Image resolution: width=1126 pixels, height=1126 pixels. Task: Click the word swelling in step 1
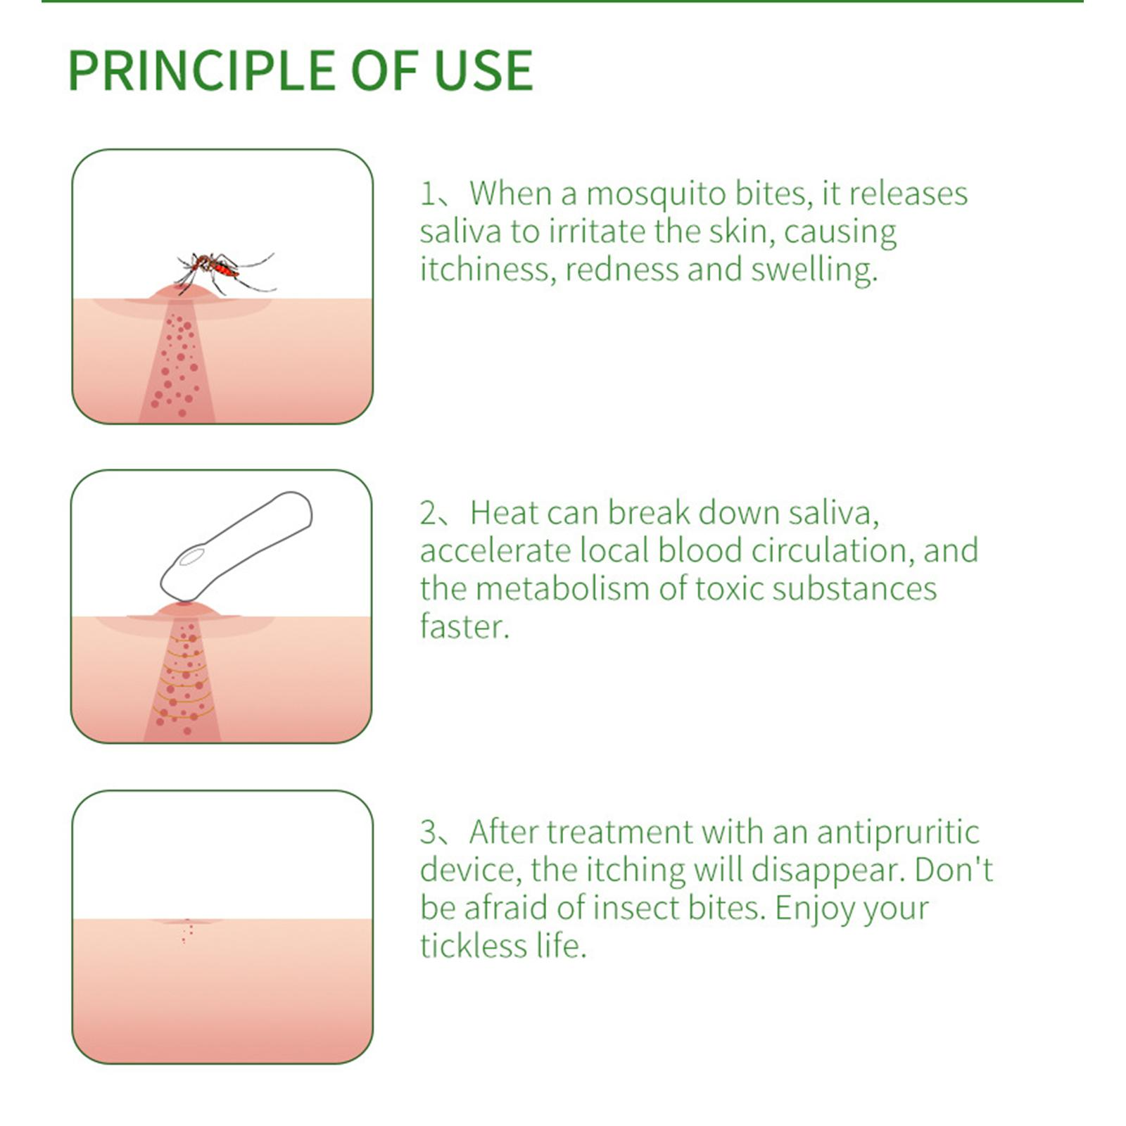pyautogui.click(x=814, y=270)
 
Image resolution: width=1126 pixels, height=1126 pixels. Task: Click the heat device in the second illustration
pyautogui.click(x=236, y=546)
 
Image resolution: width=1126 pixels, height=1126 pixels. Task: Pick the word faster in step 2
pyautogui.click(x=464, y=626)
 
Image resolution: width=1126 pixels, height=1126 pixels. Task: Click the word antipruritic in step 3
pyautogui.click(x=898, y=833)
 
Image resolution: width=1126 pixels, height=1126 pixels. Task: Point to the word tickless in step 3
pyautogui.click(x=473, y=946)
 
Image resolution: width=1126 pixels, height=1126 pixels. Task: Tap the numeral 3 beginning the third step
pyautogui.click(x=429, y=833)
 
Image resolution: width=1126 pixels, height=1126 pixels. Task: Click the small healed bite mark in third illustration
pyautogui.click(x=187, y=928)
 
